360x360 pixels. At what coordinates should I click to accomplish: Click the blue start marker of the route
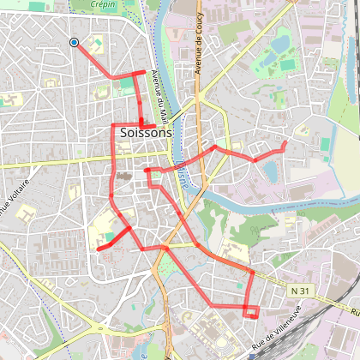coord(74,42)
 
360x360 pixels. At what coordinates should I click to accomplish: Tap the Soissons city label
coord(146,133)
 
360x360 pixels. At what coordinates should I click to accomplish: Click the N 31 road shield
coord(299,291)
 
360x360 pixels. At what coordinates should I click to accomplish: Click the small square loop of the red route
coord(251,311)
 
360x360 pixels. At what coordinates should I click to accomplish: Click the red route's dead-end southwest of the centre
coord(99,249)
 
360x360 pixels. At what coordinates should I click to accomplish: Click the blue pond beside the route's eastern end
coord(271,171)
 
